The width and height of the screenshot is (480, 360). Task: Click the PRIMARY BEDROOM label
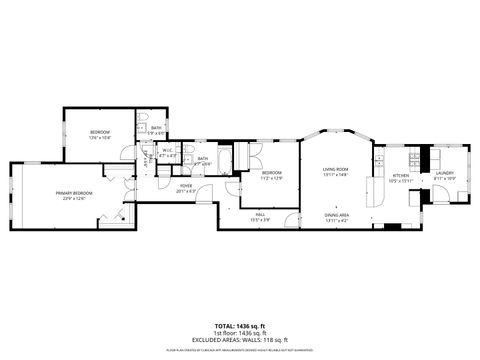[74, 193]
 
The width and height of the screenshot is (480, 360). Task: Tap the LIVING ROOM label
[334, 170]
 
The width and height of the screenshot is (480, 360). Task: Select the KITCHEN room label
[401, 176]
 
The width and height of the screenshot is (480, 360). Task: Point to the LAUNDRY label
[444, 173]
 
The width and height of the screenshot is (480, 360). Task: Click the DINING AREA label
[336, 215]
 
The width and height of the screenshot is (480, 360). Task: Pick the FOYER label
[186, 185]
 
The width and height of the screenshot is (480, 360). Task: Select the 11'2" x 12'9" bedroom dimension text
[273, 178]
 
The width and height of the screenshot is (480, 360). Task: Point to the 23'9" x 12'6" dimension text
[74, 198]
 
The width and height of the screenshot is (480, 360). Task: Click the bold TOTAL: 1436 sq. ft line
[239, 326]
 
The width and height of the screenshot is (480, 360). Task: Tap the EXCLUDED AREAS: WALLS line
[239, 340]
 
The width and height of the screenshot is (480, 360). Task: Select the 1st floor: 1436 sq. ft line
[239, 333]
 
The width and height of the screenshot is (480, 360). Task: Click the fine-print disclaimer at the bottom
[239, 350]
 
